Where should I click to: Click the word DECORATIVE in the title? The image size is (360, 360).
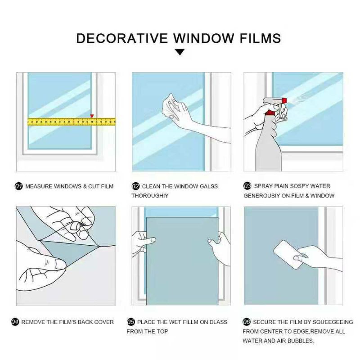point(122,38)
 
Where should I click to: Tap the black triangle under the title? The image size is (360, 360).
point(180,52)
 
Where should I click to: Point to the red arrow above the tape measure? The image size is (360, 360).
point(92,116)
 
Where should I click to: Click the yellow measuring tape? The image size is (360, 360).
point(72,121)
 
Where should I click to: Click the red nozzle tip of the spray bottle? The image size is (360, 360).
point(284,100)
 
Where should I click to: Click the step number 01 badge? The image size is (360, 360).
point(18,186)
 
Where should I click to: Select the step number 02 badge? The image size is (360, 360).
point(136,186)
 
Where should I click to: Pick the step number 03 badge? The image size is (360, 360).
point(247,186)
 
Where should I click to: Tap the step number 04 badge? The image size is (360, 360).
point(15,322)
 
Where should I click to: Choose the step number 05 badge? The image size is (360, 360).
point(131,322)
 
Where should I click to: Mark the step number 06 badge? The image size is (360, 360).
point(247,322)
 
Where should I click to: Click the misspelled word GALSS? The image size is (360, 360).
point(209,186)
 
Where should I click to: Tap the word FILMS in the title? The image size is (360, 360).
point(260,38)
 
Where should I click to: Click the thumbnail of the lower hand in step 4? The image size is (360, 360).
point(60,265)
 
